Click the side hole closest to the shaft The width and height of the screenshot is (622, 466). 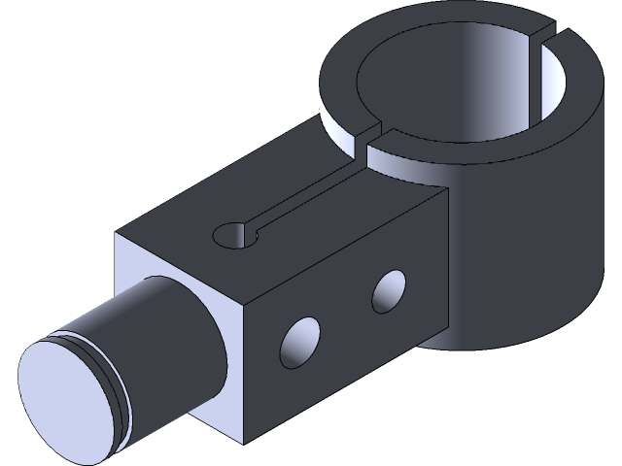point(300,339)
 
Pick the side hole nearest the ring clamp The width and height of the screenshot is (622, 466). point(390,289)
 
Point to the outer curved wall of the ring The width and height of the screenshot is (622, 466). point(544,243)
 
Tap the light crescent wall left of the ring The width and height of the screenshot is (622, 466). point(335,121)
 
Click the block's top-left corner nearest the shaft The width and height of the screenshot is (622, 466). point(119,234)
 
